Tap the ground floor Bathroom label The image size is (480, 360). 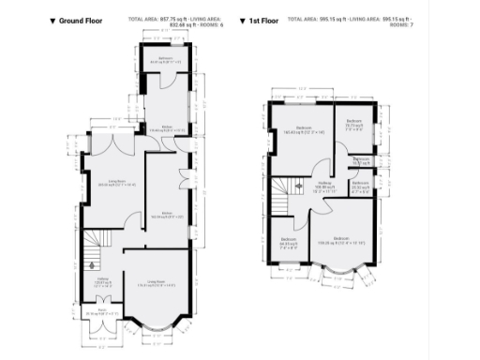[x=165, y=62]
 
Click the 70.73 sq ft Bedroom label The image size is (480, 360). [x=353, y=124]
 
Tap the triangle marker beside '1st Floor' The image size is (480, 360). [x=243, y=20]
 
